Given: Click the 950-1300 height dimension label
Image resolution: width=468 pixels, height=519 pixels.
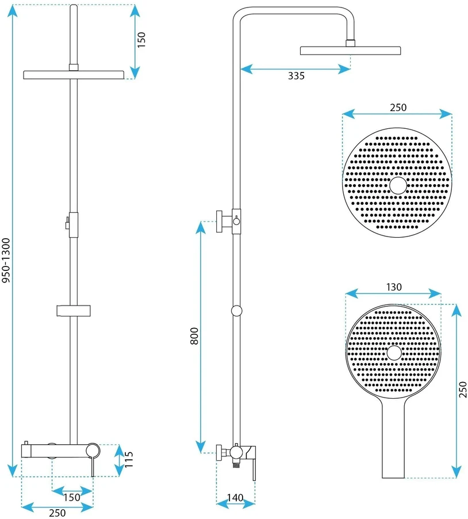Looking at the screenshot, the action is (6, 261).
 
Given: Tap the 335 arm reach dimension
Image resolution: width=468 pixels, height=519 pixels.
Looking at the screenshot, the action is (296, 76).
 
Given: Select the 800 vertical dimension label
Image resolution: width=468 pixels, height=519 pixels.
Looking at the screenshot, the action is (194, 336).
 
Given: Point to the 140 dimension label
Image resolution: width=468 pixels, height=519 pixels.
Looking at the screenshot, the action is (235, 497).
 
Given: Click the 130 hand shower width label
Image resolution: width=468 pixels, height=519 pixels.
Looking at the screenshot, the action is (394, 287).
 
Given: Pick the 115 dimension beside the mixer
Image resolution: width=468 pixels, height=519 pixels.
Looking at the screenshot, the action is (128, 459).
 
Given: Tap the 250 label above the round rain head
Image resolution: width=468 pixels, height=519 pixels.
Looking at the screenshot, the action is (398, 108).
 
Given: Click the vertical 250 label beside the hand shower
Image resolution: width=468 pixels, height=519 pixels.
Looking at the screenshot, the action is (463, 389).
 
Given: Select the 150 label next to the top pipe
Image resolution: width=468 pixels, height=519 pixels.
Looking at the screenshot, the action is (141, 40).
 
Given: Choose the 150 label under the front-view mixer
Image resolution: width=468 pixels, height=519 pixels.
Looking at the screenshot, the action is (72, 497).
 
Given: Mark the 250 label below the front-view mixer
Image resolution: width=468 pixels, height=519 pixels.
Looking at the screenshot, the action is (57, 513).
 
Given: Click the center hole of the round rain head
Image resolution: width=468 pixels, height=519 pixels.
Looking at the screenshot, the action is (398, 185).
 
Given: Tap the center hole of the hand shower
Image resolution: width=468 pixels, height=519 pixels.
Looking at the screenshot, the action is (394, 353).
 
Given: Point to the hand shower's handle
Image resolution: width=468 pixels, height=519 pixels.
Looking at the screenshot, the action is (393, 437).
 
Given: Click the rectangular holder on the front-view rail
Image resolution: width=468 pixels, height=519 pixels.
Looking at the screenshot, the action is (74, 311).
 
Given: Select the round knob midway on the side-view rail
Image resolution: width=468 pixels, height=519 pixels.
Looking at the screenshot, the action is (236, 311).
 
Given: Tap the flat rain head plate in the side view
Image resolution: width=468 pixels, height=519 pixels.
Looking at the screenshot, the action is (350, 51).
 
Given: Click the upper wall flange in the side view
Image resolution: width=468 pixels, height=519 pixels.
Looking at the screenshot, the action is (219, 221).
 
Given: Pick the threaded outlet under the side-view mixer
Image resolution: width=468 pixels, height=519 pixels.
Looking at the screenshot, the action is (236, 465).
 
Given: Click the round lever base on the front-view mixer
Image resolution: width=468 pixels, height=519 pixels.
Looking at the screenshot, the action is (93, 451).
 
